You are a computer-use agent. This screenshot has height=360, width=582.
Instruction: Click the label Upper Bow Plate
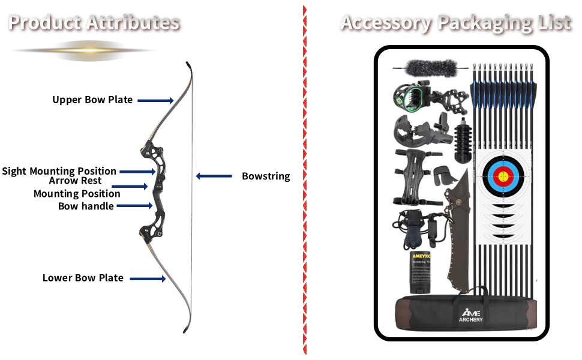(92, 100)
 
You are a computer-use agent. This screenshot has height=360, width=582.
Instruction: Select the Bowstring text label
(266, 176)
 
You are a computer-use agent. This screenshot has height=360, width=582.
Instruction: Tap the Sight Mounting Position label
(59, 171)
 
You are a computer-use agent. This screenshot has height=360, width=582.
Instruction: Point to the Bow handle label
(86, 206)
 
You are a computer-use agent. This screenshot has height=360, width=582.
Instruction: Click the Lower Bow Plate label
(83, 278)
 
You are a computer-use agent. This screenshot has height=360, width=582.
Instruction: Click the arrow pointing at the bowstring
(214, 176)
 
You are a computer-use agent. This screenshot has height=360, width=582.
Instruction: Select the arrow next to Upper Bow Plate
(155, 100)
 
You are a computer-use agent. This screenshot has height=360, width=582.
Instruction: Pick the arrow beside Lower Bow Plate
(148, 278)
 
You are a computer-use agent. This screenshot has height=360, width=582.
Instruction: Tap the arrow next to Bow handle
(134, 206)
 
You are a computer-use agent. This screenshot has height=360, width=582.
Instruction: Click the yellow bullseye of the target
(503, 176)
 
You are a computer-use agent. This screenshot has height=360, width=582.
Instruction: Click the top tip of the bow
(188, 64)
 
